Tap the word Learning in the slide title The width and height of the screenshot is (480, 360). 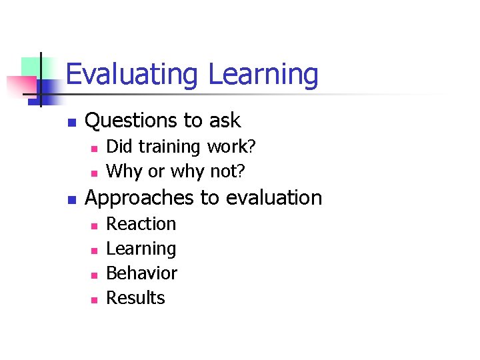[263, 75]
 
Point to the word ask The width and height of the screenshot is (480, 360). [225, 121]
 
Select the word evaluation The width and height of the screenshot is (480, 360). [274, 198]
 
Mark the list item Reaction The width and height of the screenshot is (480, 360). [141, 224]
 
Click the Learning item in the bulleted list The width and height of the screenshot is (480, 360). [141, 249]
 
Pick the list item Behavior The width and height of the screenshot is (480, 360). [141, 273]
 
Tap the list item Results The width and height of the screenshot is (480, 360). [135, 298]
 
